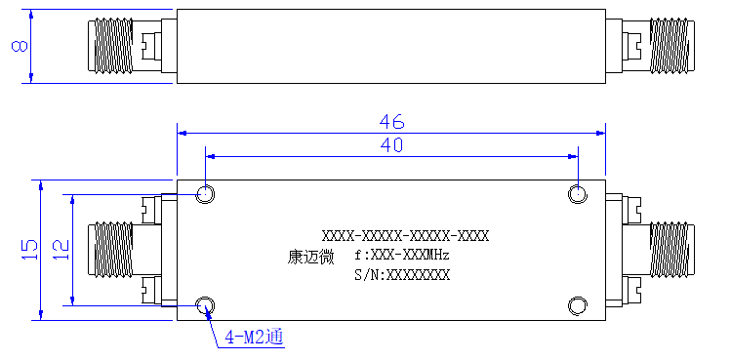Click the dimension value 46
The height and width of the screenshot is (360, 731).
pyautogui.click(x=391, y=122)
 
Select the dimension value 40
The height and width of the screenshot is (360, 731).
pyautogui.click(x=391, y=145)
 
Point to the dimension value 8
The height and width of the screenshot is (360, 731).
pyautogui.click(x=20, y=46)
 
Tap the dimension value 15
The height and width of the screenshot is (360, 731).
pyautogui.click(x=29, y=250)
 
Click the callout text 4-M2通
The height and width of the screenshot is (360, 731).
pyautogui.click(x=255, y=337)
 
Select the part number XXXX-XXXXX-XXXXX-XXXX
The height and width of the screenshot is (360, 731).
pyautogui.click(x=406, y=236)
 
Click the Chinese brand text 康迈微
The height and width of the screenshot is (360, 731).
pyautogui.click(x=310, y=257)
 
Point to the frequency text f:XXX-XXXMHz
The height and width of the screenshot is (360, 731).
pyautogui.click(x=402, y=256)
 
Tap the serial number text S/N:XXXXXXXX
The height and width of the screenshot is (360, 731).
pyautogui.click(x=402, y=275)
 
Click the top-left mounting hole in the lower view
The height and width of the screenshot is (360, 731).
pyautogui.click(x=205, y=193)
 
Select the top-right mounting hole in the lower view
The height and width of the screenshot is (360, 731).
pyautogui.click(x=578, y=193)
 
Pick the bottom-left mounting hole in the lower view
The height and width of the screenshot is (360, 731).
pyautogui.click(x=205, y=306)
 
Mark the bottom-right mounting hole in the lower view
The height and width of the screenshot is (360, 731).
pyautogui.click(x=578, y=306)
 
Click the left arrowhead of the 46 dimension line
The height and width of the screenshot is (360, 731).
pyautogui.click(x=182, y=134)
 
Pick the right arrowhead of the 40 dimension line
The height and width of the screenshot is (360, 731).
pyautogui.click(x=573, y=157)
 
